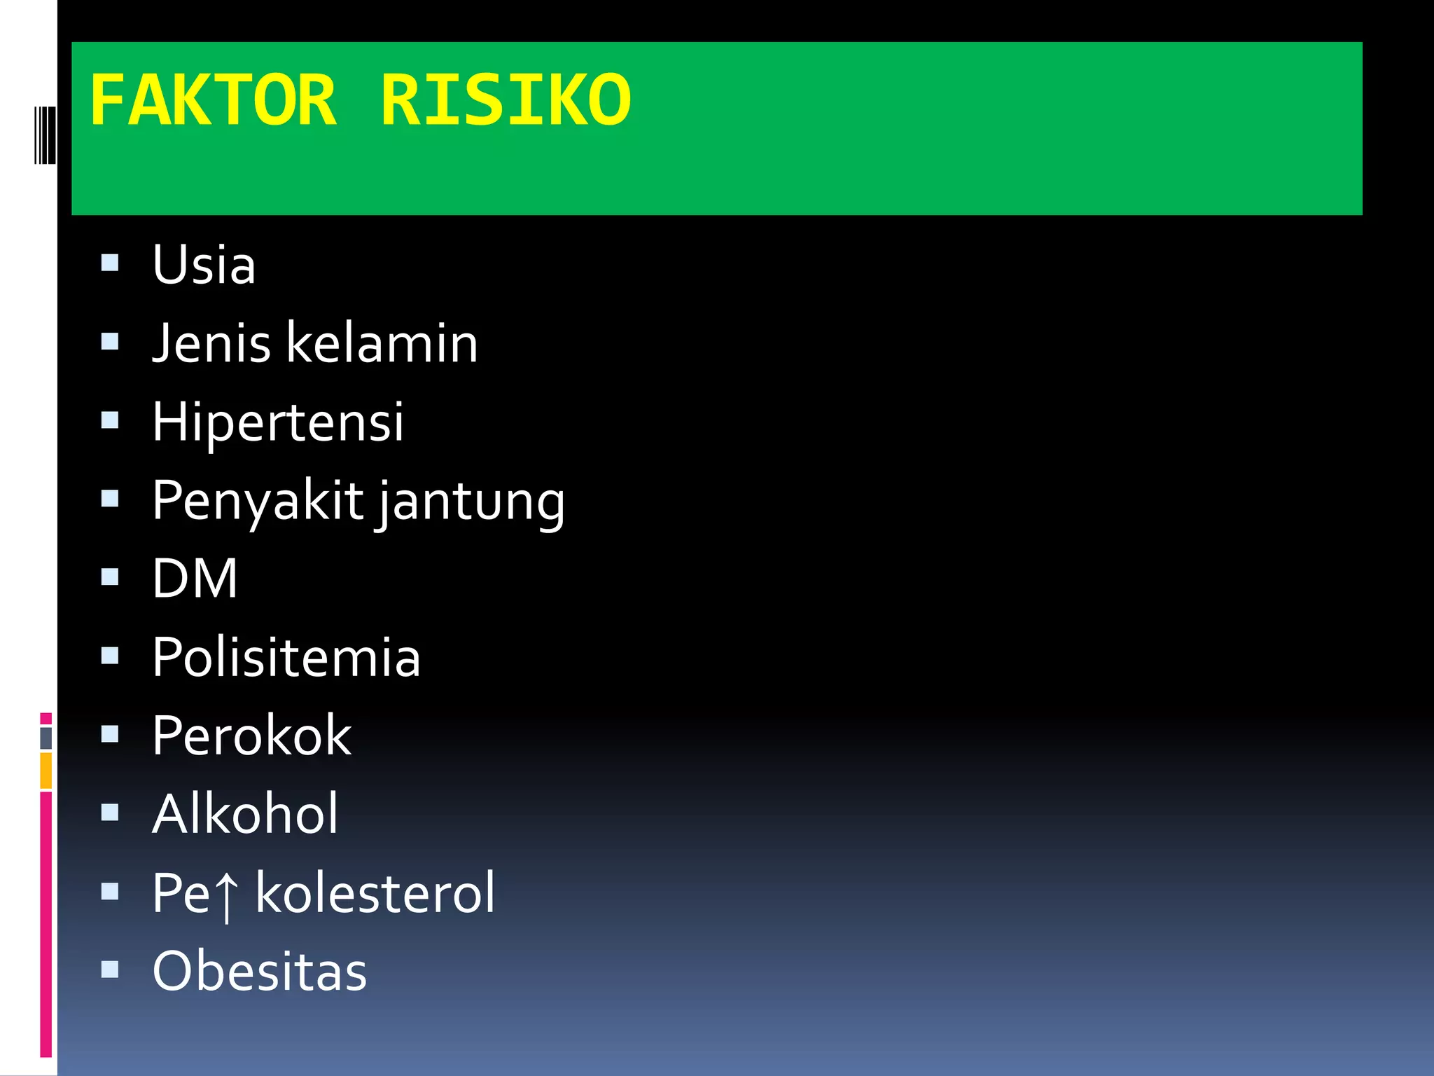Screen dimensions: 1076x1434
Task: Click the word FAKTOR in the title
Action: (x=213, y=102)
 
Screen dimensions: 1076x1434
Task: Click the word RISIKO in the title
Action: (x=505, y=102)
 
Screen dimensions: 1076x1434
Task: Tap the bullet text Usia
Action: (x=204, y=265)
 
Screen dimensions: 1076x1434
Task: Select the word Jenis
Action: (x=211, y=343)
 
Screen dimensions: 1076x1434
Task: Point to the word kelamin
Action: (x=382, y=343)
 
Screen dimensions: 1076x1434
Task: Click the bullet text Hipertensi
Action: (x=278, y=422)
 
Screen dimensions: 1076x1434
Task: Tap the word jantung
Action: (x=471, y=503)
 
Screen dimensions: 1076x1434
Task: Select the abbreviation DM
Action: (x=195, y=579)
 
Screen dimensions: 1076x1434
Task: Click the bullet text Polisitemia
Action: (x=286, y=658)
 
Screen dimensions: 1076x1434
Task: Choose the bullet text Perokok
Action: (x=251, y=736)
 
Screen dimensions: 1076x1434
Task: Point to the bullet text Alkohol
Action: (x=245, y=814)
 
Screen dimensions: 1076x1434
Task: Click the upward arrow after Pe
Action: (x=225, y=895)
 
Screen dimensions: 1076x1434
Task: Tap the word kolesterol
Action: (x=375, y=893)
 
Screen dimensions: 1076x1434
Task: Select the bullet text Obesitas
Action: (x=259, y=972)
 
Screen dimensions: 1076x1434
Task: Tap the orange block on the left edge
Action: (x=46, y=771)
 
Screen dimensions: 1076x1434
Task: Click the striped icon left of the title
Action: (x=45, y=134)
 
